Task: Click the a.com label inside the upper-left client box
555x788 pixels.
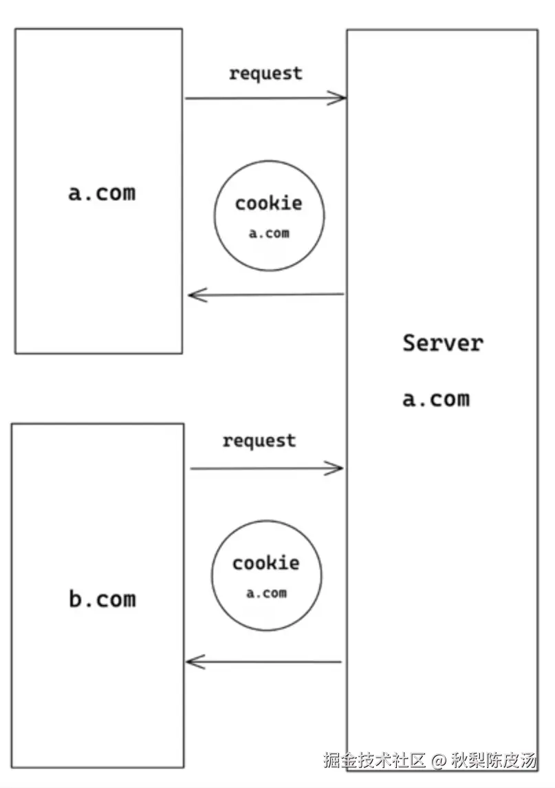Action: (x=102, y=193)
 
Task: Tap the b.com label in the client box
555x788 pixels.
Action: (x=102, y=599)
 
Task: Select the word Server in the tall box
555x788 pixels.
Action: (x=443, y=343)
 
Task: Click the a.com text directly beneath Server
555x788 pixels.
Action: (x=436, y=398)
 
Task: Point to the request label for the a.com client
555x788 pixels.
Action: (x=265, y=73)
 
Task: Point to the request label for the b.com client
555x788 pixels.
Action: (x=259, y=440)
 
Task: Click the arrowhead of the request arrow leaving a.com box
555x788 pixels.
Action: (x=340, y=98)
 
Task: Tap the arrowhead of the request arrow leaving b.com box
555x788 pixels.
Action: (x=337, y=469)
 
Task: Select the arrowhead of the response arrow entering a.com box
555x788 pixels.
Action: (x=195, y=295)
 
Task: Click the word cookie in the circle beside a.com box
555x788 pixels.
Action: (x=268, y=203)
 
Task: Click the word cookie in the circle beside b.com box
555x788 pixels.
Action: (x=265, y=563)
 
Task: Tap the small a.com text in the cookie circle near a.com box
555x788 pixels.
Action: (x=269, y=233)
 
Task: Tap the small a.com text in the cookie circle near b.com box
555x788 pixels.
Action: (x=266, y=593)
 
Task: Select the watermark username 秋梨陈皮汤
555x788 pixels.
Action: (x=493, y=761)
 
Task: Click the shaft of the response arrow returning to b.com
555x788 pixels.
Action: (x=268, y=662)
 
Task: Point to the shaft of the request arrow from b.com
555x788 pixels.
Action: (x=261, y=469)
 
